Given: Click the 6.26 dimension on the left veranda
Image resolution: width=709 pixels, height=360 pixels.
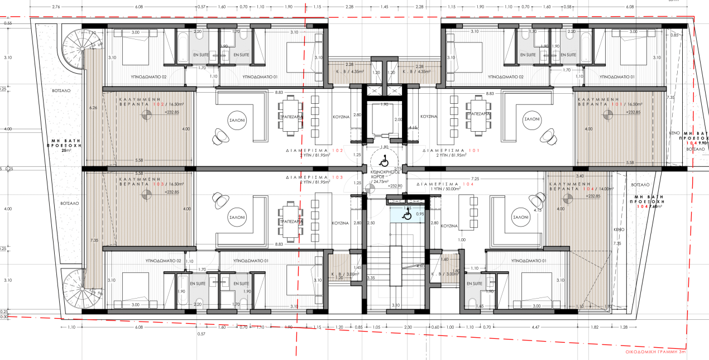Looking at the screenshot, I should pos(93,108).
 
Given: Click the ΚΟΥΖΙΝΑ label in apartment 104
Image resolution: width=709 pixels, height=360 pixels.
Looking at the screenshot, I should pos(449,226).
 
